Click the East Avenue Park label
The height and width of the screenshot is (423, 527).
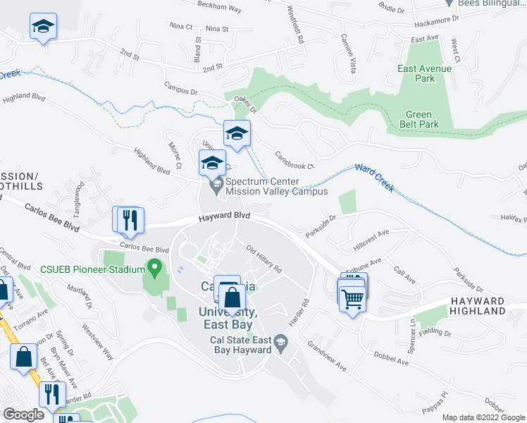pos(424,74)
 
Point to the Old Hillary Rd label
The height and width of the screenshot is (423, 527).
pos(264,259)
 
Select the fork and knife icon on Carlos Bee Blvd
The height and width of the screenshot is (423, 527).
pos(129,220)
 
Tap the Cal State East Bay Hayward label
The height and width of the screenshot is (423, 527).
pos(242,345)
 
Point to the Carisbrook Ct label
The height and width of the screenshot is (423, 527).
pos(294,161)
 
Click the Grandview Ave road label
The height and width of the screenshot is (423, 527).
pos(326,357)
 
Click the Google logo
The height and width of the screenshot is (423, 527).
pos(23,414)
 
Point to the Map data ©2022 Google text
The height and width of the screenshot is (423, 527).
pos(483,417)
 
